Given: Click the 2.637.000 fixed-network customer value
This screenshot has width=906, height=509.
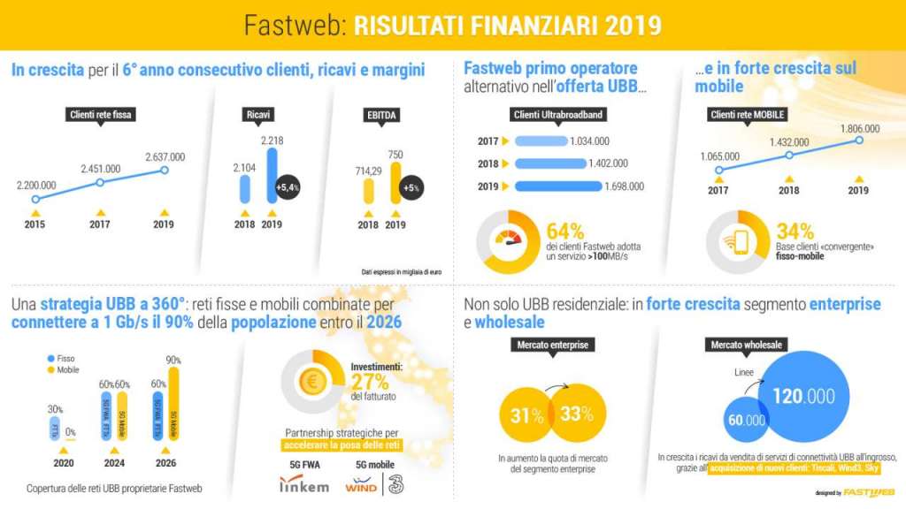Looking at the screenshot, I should coord(165,156).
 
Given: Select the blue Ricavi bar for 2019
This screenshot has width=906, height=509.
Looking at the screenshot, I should coord(272,178).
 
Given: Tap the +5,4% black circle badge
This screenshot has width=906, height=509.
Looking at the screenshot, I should coord(288,188).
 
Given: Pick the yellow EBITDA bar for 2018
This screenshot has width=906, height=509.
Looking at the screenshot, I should coord(368,194).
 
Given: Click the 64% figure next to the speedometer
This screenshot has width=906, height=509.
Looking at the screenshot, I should coord(564,232).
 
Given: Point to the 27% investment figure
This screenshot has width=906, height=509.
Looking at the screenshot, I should coord(369,382).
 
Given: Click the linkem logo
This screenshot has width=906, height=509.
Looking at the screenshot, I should coord(303,485).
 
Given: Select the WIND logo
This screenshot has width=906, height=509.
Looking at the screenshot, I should coord(361,485).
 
